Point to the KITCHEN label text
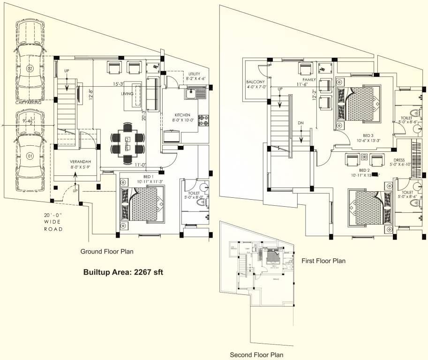click(182, 115)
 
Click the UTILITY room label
click(195, 74)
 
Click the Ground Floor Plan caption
click(107, 252)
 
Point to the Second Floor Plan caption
click(256, 355)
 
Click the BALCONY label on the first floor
click(256, 82)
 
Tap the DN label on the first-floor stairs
click(301, 123)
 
